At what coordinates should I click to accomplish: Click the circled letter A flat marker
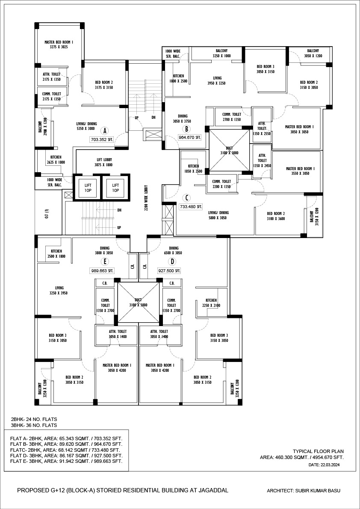coord(104,131)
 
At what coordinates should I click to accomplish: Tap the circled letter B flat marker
coord(187,129)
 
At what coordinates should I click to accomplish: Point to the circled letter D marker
coord(172,262)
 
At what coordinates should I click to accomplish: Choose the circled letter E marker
coord(104,262)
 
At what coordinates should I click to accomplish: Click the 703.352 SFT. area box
coord(103,140)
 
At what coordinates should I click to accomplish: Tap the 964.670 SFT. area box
coord(190,138)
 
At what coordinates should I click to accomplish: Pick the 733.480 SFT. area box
coord(191,206)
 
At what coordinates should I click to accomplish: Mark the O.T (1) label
coord(47,213)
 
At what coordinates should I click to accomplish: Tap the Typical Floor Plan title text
coord(318,451)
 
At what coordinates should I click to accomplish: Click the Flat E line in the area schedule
coord(66,461)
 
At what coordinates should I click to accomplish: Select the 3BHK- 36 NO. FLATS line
coord(34,425)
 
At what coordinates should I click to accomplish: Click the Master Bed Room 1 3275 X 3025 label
coord(59,44)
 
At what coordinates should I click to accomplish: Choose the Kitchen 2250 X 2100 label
coord(211,303)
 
